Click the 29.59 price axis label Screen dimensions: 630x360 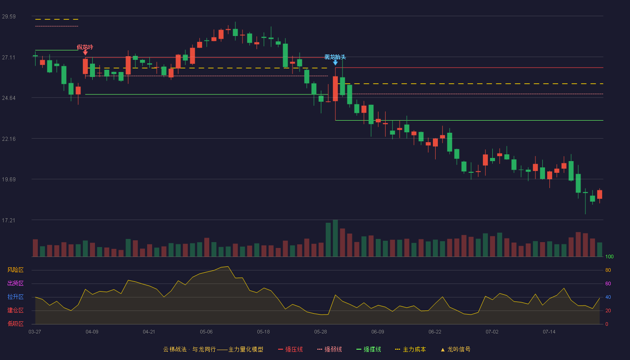(x=9, y=17)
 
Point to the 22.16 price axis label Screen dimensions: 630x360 (x=9, y=139)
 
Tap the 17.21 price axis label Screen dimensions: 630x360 (x=9, y=220)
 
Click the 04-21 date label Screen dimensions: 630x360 (x=149, y=332)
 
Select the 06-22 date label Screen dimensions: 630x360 (x=435, y=332)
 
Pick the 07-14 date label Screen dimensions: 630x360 (x=549, y=332)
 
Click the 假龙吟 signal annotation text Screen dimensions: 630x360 (x=85, y=47)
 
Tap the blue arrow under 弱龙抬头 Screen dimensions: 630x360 (x=335, y=63)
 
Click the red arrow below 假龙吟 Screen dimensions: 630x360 (x=85, y=53)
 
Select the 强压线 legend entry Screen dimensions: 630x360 (x=290, y=349)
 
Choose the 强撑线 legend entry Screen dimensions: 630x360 (x=369, y=349)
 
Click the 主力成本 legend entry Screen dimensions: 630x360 (x=410, y=349)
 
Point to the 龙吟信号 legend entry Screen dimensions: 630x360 (x=455, y=349)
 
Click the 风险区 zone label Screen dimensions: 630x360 (x=15, y=270)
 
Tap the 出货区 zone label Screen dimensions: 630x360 (x=15, y=283)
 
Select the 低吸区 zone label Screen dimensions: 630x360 (x=15, y=324)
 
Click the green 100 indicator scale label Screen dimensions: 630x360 (x=609, y=256)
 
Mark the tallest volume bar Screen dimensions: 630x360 (x=335, y=238)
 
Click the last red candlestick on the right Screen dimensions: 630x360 (x=599, y=194)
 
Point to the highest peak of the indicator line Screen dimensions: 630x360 (x=228, y=266)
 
